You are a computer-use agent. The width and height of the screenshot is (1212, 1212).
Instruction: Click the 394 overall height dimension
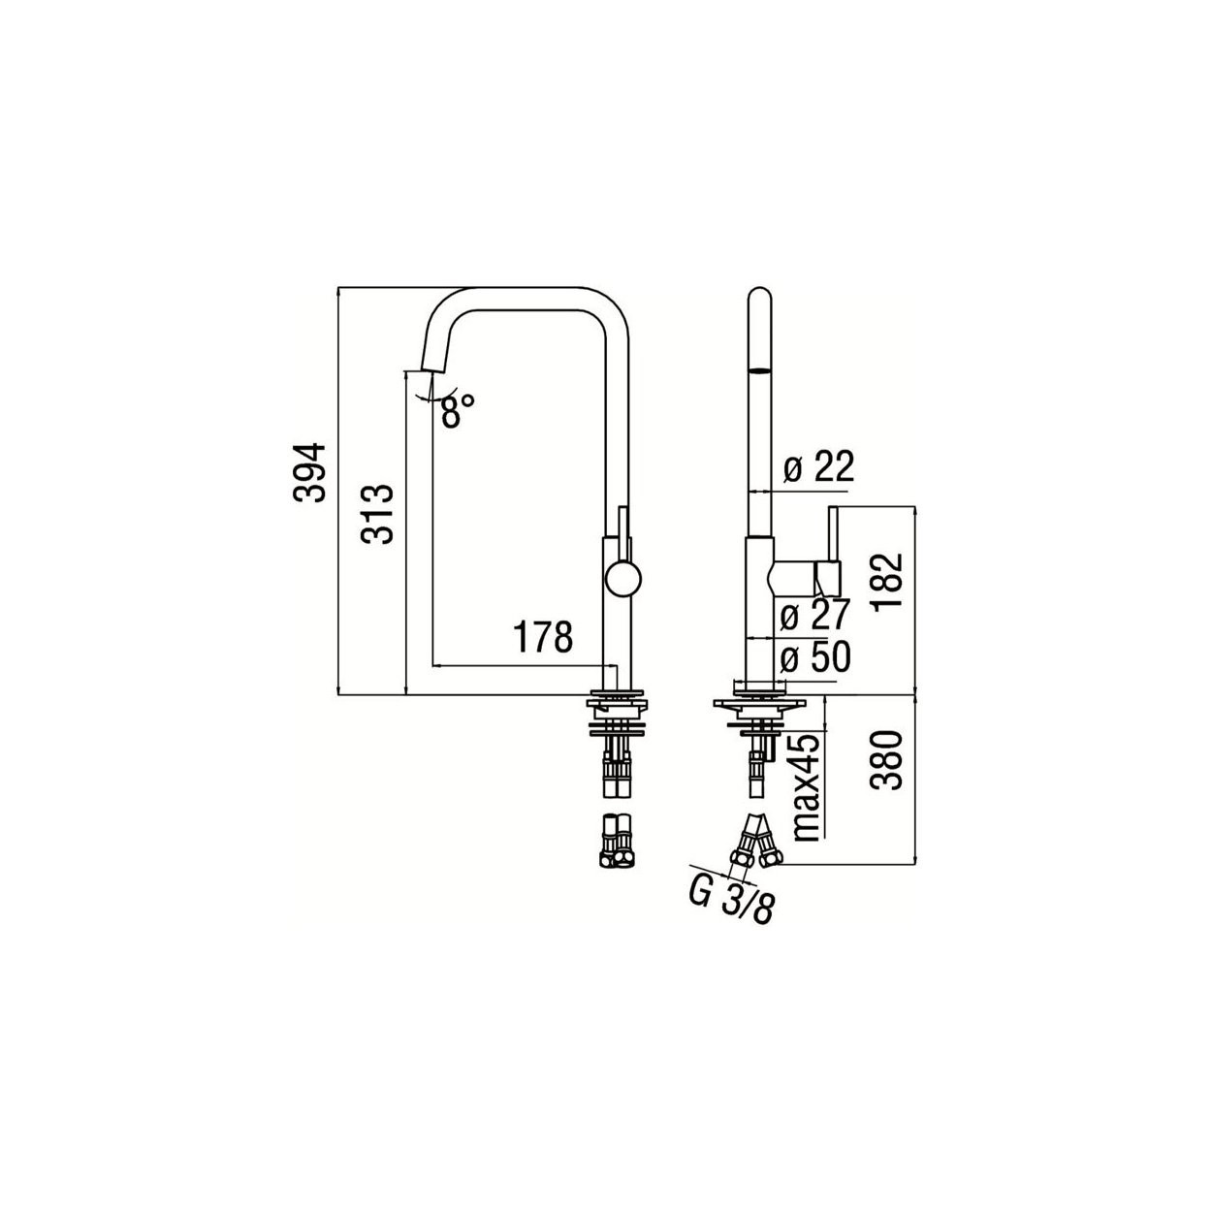click(x=309, y=473)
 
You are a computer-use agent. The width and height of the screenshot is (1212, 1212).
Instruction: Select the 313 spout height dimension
click(x=377, y=514)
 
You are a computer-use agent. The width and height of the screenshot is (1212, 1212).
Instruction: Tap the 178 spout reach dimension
click(x=543, y=637)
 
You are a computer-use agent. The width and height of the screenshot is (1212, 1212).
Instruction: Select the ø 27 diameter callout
click(x=815, y=614)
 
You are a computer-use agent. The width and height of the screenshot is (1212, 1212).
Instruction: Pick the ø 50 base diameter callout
click(x=815, y=656)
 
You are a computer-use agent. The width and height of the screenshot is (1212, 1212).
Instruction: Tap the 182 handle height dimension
click(x=887, y=580)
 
